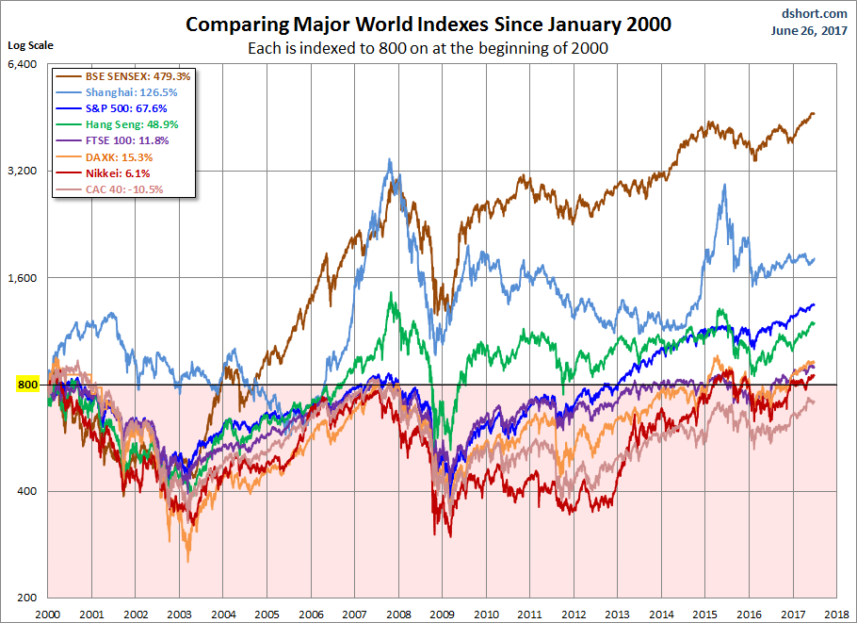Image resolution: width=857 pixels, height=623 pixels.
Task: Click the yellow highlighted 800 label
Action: click(26, 385)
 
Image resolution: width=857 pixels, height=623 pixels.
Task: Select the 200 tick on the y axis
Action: click(26, 598)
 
